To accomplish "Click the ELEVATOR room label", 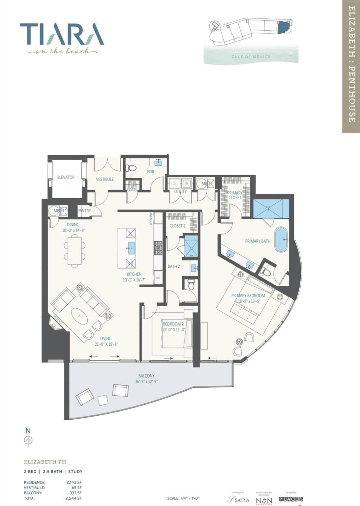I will pyautogui.click(x=66, y=177).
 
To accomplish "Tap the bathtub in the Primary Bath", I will pyautogui.click(x=281, y=239).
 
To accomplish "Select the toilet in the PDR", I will pyautogui.click(x=131, y=168).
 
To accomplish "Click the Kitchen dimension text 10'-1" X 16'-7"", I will pyautogui.click(x=134, y=280).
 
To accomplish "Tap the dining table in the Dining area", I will pyautogui.click(x=75, y=251).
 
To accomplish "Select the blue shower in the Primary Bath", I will pyautogui.click(x=271, y=209).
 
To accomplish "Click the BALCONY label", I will pyautogui.click(x=146, y=376).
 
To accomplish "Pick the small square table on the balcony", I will pyautogui.click(x=103, y=400).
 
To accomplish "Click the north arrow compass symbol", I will pyautogui.click(x=28, y=440).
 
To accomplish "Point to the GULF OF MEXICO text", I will pyautogui.click(x=251, y=57).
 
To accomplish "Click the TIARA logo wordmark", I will pyautogui.click(x=62, y=34).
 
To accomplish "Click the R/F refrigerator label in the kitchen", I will pyautogui.click(x=158, y=278).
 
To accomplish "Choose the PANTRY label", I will pyautogui.click(x=84, y=211).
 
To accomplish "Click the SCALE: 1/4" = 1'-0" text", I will pyautogui.click(x=184, y=498).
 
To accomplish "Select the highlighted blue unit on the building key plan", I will pyautogui.click(x=283, y=27).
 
